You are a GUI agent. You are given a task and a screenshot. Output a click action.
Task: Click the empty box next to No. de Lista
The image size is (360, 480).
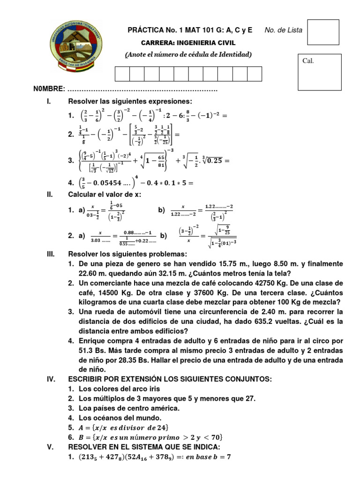[x=322, y=32]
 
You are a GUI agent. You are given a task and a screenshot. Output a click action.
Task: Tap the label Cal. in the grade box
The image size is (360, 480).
[x=308, y=60]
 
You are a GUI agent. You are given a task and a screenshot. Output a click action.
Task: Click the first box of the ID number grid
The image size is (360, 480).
[x=122, y=74]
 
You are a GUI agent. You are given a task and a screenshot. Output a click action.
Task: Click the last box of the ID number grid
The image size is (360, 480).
[x=254, y=74]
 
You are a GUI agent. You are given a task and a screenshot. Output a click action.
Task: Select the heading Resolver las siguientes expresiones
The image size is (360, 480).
[x=130, y=101]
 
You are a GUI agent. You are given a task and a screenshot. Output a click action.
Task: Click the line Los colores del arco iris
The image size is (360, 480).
[x=120, y=389]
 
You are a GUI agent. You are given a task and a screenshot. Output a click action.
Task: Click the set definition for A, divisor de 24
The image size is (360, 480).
[x=123, y=427]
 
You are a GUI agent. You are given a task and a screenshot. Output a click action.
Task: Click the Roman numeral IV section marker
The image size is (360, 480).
[x=51, y=379]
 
